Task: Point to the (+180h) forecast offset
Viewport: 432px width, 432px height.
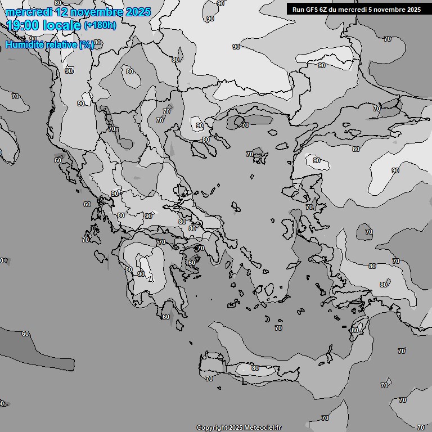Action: point(100,25)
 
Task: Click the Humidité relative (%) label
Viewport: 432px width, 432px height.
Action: point(49,44)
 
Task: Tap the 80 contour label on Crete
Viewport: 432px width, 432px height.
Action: point(255,368)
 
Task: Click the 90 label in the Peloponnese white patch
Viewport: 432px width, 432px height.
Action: point(141,274)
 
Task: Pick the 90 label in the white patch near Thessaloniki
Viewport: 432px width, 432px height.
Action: point(199,125)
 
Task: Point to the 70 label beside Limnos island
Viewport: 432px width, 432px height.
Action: point(249,154)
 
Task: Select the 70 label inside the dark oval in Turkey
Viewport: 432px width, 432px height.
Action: point(369,232)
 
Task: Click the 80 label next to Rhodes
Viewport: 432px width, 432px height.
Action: point(355,330)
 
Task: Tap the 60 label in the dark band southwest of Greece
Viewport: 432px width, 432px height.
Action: point(25,334)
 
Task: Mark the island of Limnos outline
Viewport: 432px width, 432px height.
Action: point(259,154)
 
